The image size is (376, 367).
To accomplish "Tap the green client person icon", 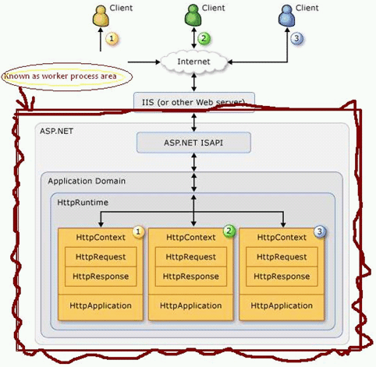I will [193, 14].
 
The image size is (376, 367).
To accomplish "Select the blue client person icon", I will [287, 14].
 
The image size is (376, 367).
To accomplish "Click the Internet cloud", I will [193, 61].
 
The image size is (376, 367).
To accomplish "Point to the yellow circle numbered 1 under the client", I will [112, 37].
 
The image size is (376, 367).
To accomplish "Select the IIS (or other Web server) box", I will [193, 102].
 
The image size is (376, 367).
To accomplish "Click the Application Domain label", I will [87, 182].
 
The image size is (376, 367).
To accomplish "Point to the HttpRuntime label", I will [81, 202].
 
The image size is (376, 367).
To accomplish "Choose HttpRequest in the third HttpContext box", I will [282, 256].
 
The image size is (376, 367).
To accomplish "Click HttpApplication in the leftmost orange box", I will [101, 305].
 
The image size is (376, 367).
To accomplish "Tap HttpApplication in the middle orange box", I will [192, 305].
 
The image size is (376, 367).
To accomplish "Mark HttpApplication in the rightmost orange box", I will [282, 305].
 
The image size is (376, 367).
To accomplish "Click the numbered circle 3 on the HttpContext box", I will [320, 231].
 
